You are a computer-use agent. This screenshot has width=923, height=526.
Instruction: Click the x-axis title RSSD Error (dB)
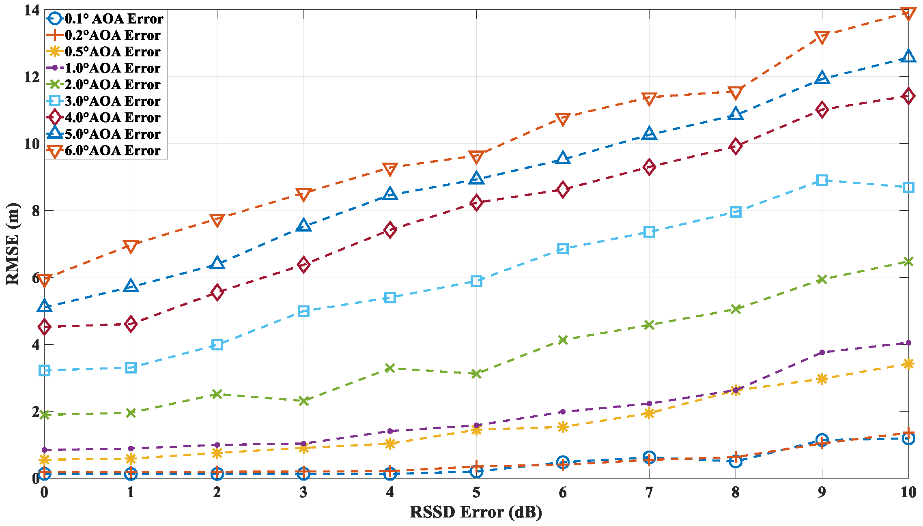(x=476, y=512)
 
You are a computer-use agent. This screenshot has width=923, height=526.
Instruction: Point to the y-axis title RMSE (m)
(x=13, y=243)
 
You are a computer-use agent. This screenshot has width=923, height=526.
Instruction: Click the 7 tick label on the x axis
(x=649, y=492)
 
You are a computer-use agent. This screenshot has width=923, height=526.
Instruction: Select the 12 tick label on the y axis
(x=32, y=77)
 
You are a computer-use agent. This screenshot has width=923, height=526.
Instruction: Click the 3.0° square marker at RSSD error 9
(x=822, y=180)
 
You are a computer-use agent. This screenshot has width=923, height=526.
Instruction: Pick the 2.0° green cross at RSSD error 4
(x=390, y=368)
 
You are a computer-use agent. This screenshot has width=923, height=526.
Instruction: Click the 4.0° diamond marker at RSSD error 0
(x=45, y=327)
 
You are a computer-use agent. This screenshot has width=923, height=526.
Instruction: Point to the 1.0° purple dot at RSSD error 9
(x=822, y=352)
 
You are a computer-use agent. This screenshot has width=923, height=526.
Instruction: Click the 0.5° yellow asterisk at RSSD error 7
(x=649, y=413)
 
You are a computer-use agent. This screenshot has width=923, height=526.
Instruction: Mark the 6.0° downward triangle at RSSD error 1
(x=131, y=246)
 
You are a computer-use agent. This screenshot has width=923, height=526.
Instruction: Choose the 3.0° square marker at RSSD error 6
(x=563, y=249)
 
